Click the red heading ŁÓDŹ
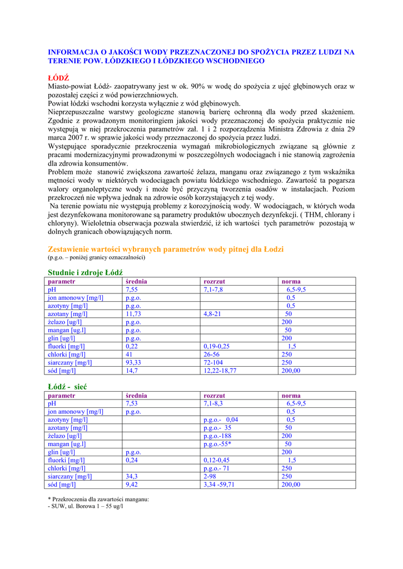58,77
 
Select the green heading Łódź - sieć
67,386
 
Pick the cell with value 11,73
133,314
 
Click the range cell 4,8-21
212,314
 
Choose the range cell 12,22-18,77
220,371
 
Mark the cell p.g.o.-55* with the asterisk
217,444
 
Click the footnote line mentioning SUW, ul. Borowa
86,507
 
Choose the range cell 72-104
215,363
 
